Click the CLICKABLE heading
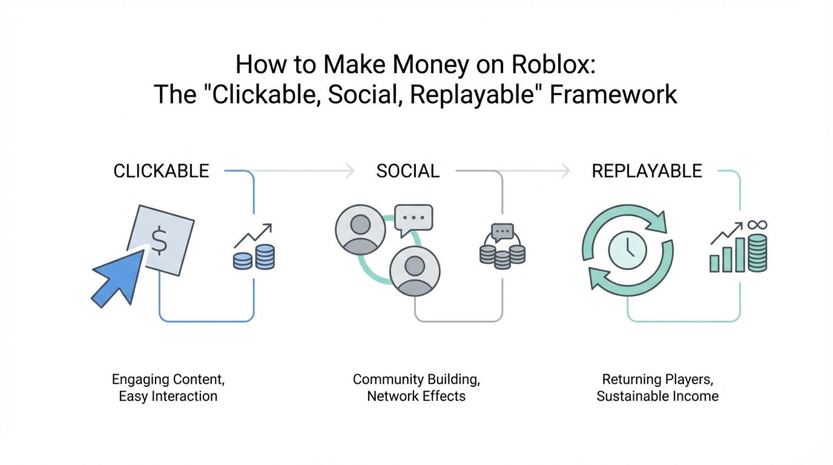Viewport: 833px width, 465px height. click(x=161, y=171)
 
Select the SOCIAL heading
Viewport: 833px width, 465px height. click(x=407, y=171)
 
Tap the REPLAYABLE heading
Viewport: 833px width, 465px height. click(x=647, y=171)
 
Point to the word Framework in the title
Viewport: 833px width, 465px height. click(x=613, y=95)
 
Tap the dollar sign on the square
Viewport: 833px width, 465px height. click(x=159, y=241)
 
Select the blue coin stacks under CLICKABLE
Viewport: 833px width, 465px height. click(x=254, y=257)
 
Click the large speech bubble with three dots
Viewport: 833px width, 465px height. click(x=413, y=217)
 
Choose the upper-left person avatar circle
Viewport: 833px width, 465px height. click(x=360, y=229)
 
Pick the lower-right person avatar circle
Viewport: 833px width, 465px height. click(x=415, y=270)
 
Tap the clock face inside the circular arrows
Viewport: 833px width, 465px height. click(x=628, y=250)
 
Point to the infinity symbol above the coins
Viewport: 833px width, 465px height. click(x=757, y=225)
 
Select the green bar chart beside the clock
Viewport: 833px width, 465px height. click(x=727, y=256)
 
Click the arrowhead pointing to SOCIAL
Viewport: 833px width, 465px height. click(x=349, y=171)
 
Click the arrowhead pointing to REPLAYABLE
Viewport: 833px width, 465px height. click(x=565, y=171)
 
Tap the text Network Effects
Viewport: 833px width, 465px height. click(x=416, y=397)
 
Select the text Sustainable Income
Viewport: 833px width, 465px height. click(x=657, y=397)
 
